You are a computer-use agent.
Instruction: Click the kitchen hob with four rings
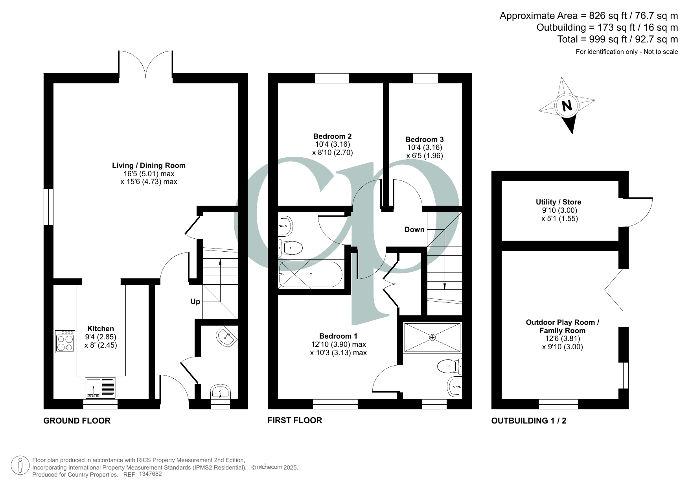65,341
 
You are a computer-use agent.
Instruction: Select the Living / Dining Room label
149,166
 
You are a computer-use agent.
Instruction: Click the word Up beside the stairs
195,302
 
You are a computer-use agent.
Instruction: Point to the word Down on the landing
414,230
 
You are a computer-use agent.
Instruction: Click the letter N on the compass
567,106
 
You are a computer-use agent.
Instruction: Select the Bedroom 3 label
425,139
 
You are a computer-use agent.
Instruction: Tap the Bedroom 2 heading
332,136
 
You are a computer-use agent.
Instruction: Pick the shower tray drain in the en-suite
432,337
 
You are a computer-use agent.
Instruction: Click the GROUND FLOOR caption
77,421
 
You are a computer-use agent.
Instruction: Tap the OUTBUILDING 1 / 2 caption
529,421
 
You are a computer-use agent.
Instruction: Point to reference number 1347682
150,474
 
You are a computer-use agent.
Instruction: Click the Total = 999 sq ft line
617,39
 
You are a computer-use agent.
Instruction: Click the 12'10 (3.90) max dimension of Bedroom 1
338,344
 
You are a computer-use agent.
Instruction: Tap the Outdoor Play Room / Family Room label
562,326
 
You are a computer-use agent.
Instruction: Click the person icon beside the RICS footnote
20,466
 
